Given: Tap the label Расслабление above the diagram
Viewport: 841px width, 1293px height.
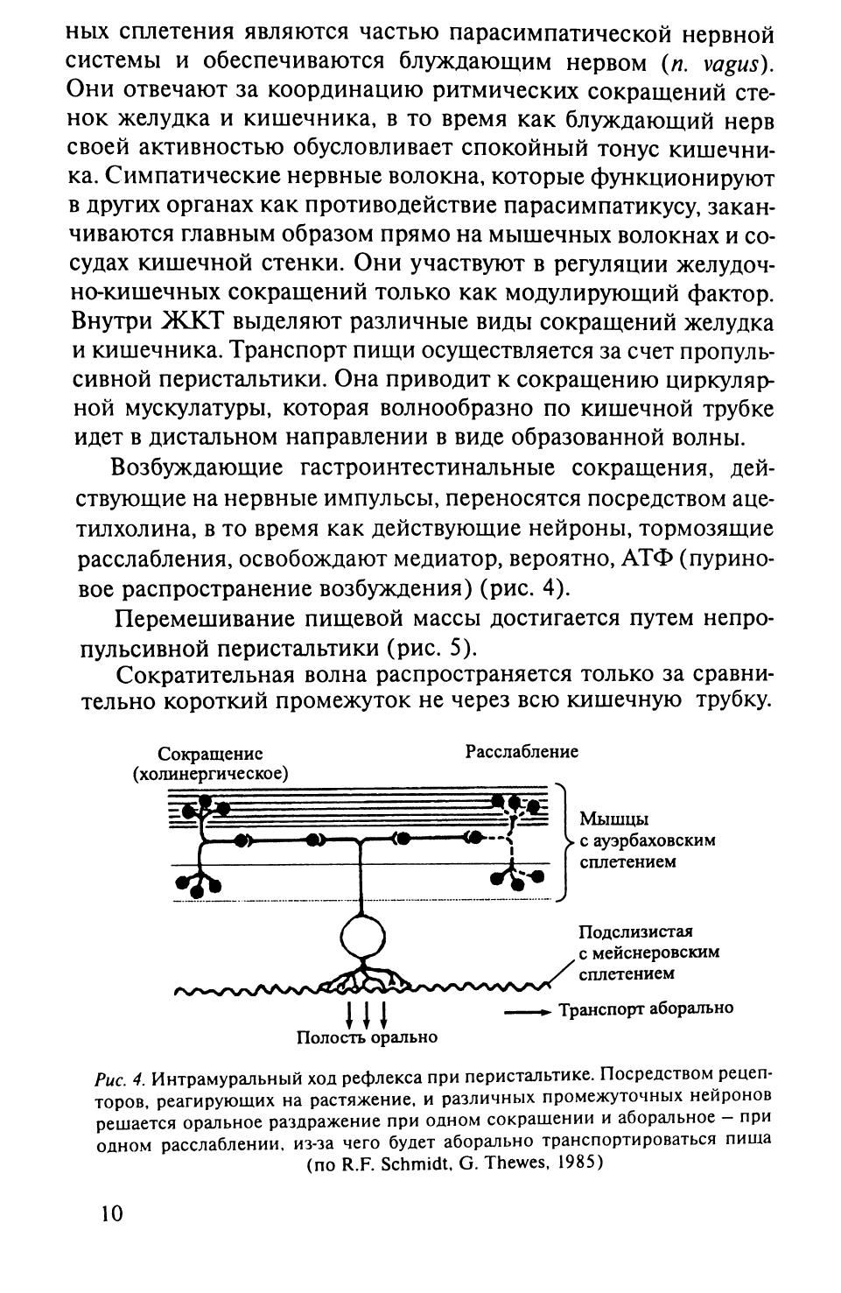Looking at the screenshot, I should click(522, 752).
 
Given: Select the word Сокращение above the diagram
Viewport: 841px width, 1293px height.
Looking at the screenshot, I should click(211, 755).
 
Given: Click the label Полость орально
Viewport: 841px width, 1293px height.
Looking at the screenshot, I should click(367, 1037).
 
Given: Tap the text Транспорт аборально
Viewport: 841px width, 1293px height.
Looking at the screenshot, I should click(647, 1008).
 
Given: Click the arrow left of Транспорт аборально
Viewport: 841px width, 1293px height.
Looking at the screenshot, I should click(528, 1011).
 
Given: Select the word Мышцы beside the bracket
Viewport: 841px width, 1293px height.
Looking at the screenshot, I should click(613, 820).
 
